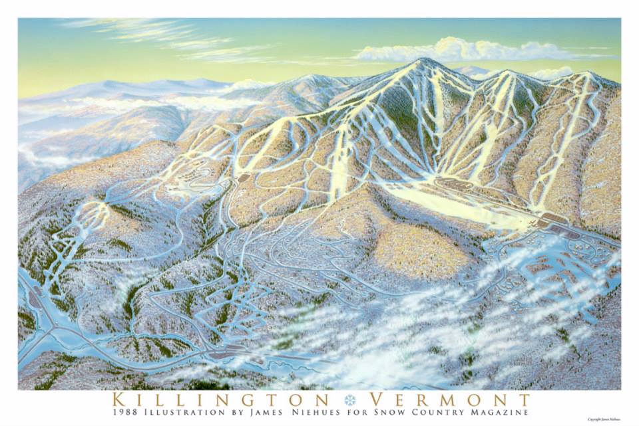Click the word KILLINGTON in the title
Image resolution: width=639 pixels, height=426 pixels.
pos(220,399)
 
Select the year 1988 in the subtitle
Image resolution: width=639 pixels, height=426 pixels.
pos(126,413)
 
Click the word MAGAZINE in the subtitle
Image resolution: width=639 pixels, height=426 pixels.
pos(500,413)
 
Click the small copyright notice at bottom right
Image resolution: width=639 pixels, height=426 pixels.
pos(603,419)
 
